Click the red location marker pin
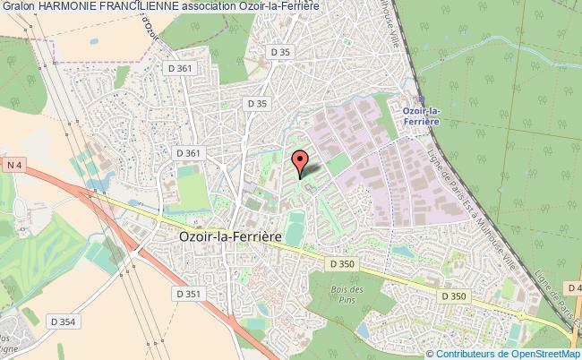click(301, 161)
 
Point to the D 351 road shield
click(189, 293)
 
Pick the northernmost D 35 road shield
click(280, 53)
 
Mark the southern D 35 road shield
click(257, 104)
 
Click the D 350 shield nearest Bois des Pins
click(342, 263)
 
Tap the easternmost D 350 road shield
click(455, 295)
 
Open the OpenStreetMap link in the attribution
click(543, 353)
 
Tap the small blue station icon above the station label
click(420, 100)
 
